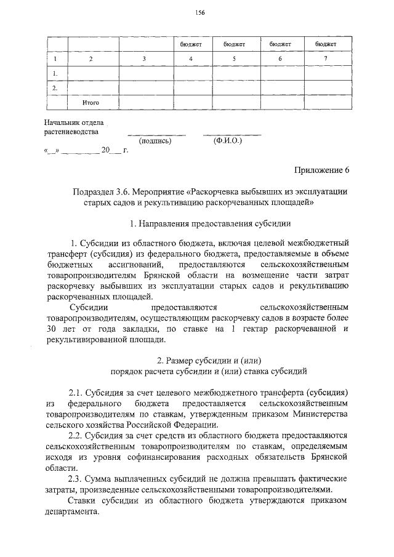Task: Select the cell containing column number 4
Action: [191, 58]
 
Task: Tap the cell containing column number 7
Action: [326, 58]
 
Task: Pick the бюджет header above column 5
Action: [235, 44]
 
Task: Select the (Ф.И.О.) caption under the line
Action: [228, 141]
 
